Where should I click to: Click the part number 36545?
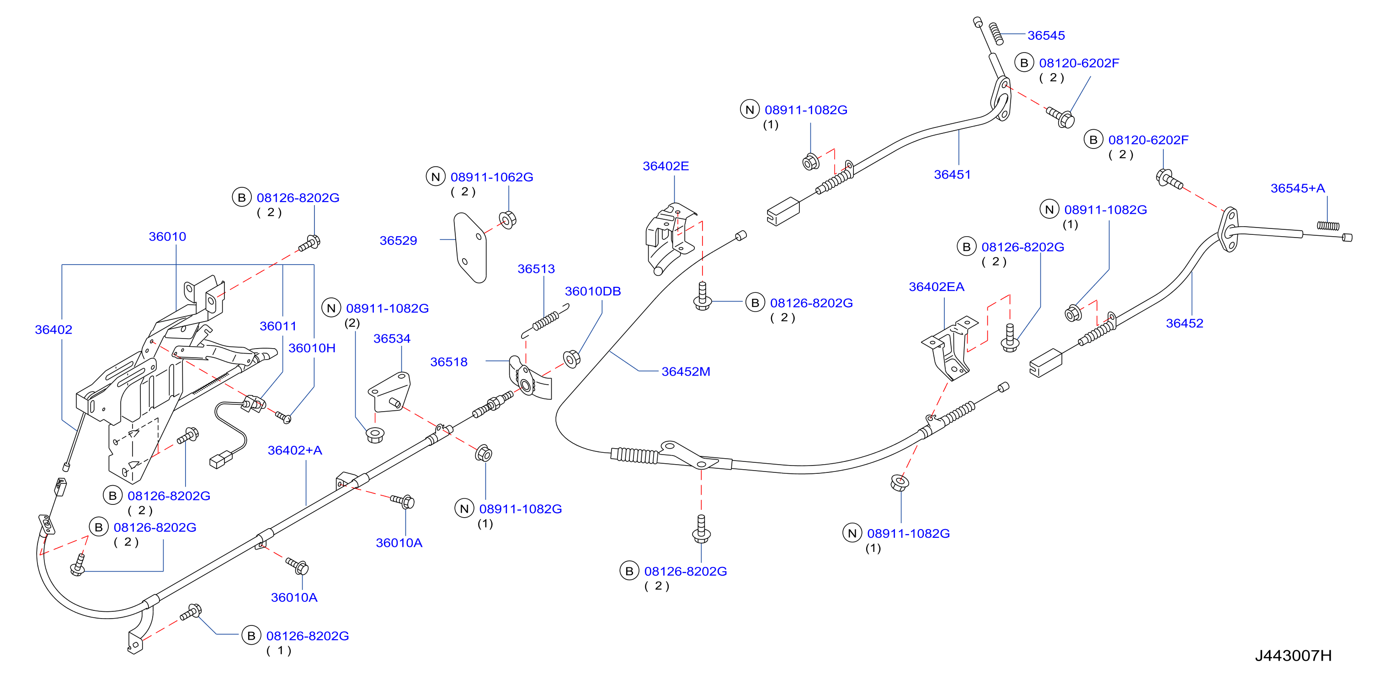[x=1046, y=36]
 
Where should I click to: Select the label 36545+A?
[x=1297, y=188]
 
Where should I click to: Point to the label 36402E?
[x=666, y=166]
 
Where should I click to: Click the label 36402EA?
[x=936, y=287]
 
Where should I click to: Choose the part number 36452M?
[x=685, y=371]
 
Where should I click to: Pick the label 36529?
[x=398, y=241]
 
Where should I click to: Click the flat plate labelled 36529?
[x=470, y=248]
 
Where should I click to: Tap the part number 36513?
[x=536, y=269]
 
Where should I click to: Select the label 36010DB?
[x=592, y=291]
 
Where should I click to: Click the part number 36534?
[x=392, y=339]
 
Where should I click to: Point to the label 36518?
[x=448, y=362]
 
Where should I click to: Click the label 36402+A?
[x=295, y=450]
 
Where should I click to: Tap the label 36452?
[x=1184, y=323]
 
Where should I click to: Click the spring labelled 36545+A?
[x=1328, y=225]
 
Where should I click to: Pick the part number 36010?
[x=167, y=237]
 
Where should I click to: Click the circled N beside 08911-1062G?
[x=436, y=176]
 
